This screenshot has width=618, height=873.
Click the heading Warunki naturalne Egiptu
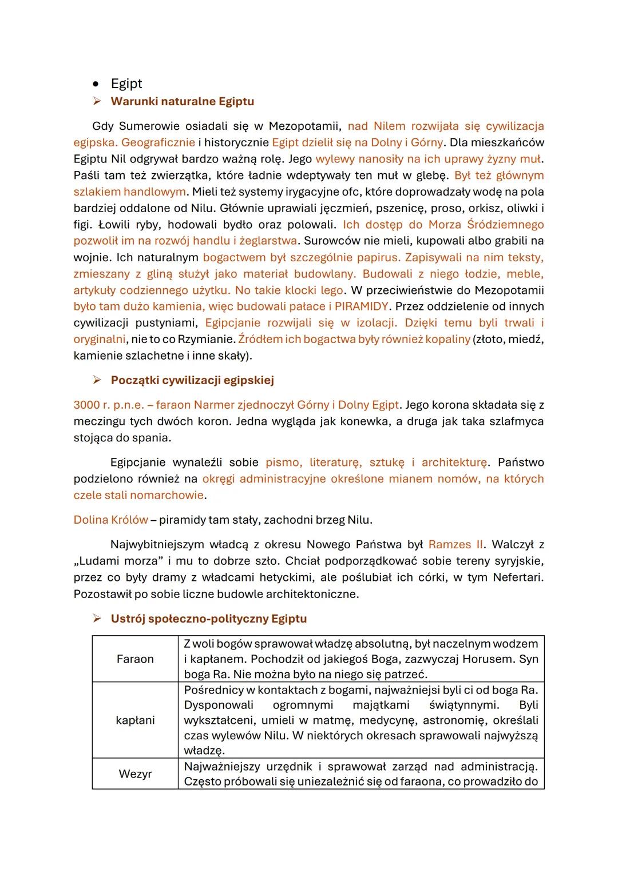(x=182, y=102)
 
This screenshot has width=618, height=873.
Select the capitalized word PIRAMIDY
(x=361, y=306)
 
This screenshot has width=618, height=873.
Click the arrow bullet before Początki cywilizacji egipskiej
(x=97, y=380)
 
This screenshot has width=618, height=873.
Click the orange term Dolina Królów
(x=110, y=520)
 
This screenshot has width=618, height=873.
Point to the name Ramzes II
(x=455, y=544)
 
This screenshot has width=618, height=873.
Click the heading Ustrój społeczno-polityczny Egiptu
(x=208, y=619)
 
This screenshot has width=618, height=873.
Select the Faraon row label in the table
(x=135, y=659)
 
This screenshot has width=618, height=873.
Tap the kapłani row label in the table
(x=135, y=720)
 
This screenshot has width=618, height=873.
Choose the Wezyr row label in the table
(x=135, y=774)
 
